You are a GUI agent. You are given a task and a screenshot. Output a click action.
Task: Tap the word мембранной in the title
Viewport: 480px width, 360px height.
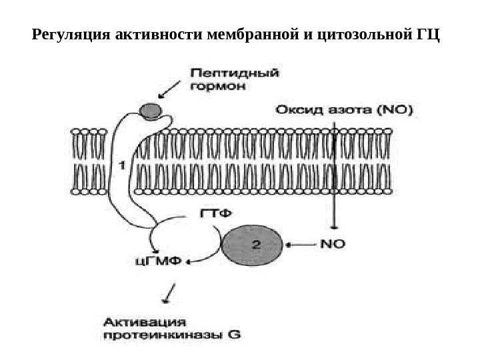[x=264, y=33]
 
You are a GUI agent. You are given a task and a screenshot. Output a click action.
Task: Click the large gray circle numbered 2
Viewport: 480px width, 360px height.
[x=256, y=245]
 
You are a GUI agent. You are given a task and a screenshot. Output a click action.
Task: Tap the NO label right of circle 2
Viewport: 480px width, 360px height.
[x=333, y=245]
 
